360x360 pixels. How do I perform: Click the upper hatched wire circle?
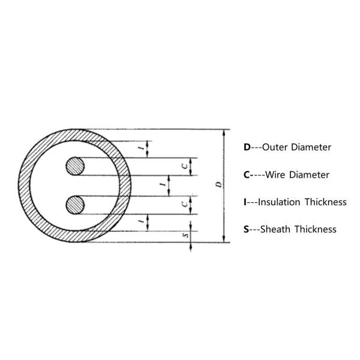tap(76, 166)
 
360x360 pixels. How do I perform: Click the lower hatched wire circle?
tap(76, 205)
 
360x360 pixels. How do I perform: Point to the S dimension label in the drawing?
tap(184, 235)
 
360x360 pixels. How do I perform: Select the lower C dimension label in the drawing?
tap(184, 204)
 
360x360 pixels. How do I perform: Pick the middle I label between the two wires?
tap(163, 185)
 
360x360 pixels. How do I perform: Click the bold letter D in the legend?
tap(247, 147)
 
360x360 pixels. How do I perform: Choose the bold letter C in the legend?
tap(247, 175)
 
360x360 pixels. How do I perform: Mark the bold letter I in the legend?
tap(245, 202)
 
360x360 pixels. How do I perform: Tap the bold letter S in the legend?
tap(247, 229)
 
